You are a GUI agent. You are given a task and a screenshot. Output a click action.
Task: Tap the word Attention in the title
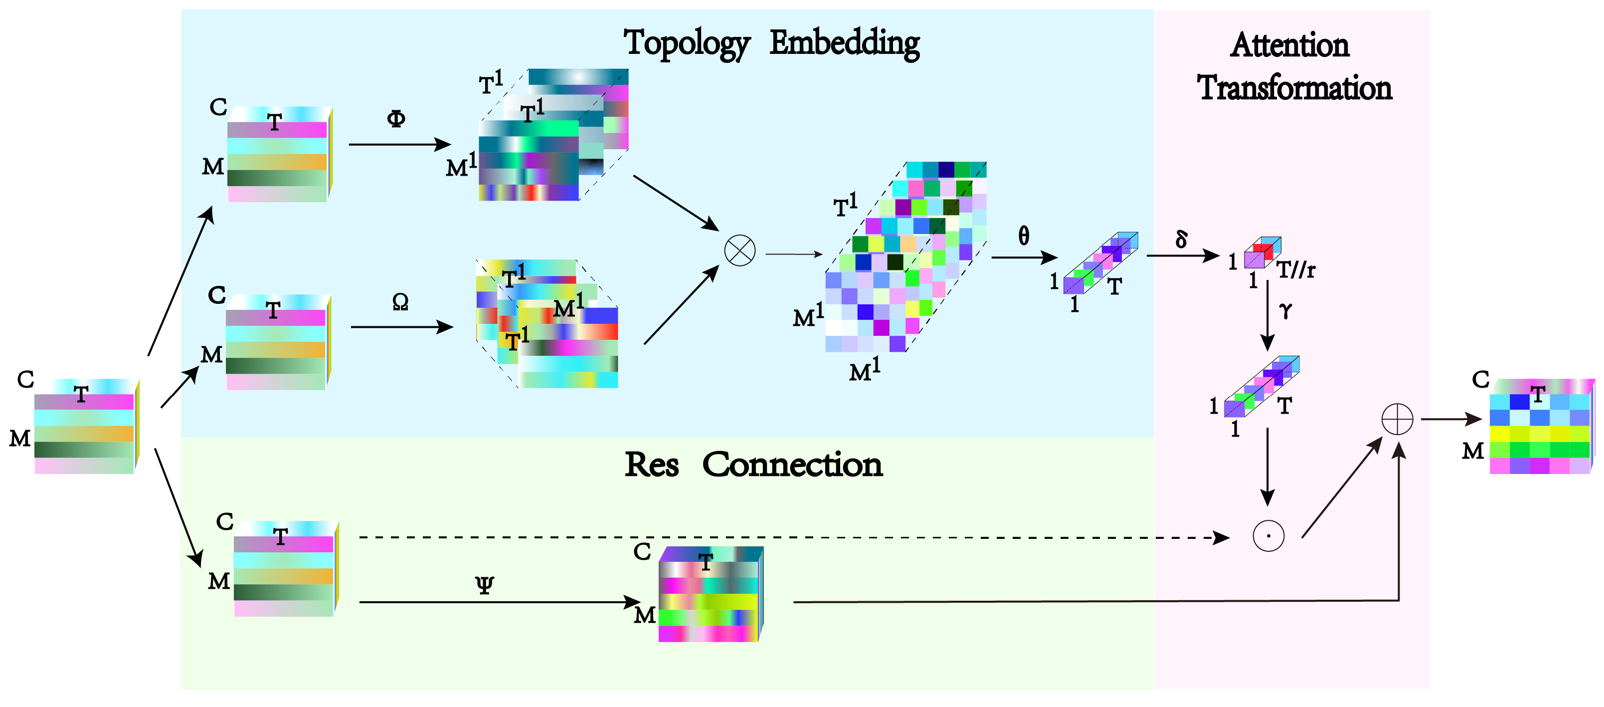[x=1289, y=45]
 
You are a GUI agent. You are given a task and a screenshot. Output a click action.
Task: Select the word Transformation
[x=1294, y=88]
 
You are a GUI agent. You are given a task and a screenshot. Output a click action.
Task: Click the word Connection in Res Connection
[x=792, y=465]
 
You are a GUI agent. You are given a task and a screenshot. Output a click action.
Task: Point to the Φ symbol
[x=396, y=118]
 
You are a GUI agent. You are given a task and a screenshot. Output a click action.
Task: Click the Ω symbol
[x=400, y=302]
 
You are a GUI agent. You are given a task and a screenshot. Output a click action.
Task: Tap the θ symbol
[x=1024, y=236]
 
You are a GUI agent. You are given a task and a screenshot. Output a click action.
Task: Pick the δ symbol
[x=1181, y=238]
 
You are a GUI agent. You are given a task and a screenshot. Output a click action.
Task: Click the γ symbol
[x=1286, y=310]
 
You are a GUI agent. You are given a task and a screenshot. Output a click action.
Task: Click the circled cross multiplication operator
[x=740, y=251]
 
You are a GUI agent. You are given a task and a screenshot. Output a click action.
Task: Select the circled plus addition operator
[x=1397, y=419]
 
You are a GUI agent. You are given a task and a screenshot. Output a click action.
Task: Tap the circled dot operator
[x=1268, y=536]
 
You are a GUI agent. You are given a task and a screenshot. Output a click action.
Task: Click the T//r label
[x=1296, y=270]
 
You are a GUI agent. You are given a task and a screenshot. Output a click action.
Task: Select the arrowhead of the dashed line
[x=1222, y=537]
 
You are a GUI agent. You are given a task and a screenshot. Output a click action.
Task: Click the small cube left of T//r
[x=1261, y=252]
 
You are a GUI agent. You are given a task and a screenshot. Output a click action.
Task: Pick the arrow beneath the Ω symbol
[x=401, y=327]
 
